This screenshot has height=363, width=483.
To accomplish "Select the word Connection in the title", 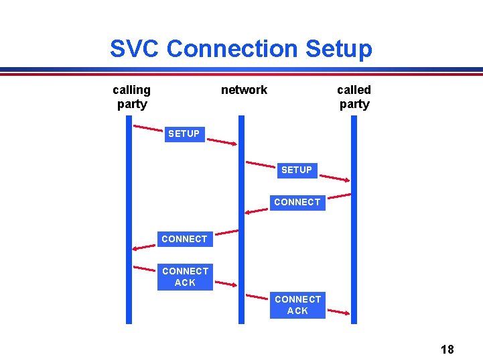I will (x=232, y=49).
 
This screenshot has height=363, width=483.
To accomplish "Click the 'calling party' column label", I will (x=131, y=97).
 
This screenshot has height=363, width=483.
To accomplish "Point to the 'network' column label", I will (x=244, y=90).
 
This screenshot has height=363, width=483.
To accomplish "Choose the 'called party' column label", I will (x=354, y=97).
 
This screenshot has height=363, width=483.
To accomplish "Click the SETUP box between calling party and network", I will (x=184, y=134).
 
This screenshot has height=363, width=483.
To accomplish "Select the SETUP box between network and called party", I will (x=297, y=170).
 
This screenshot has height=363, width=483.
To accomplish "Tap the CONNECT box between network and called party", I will (x=297, y=202).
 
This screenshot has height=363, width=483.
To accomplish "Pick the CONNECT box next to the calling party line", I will (x=184, y=239).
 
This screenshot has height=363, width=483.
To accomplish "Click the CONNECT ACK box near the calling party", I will (x=185, y=276).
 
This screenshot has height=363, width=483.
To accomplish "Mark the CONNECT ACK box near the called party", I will (x=297, y=305).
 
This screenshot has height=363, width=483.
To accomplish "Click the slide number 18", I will (x=447, y=349).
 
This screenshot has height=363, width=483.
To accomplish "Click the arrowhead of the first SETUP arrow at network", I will (x=234, y=144).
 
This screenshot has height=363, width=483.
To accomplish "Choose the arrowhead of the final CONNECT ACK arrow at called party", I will (x=347, y=313).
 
